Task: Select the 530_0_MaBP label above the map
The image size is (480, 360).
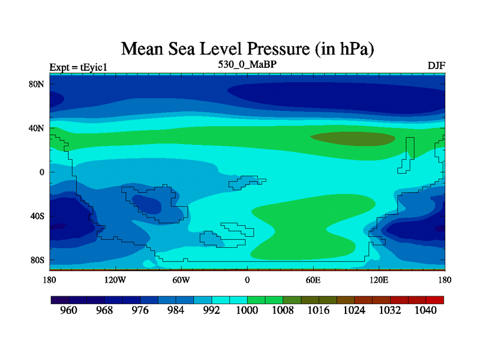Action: coord(247,63)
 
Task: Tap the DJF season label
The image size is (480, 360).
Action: coord(436,65)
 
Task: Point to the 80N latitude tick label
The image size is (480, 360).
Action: coord(37,85)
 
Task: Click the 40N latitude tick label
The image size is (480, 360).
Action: coord(37,128)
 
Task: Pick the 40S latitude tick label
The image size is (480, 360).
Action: coord(37,216)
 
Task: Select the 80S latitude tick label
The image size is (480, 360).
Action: coord(37,260)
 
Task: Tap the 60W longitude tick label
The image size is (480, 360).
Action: coord(181,280)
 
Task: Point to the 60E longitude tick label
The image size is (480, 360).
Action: coord(313,280)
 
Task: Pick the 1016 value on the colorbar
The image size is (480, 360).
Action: coord(319,311)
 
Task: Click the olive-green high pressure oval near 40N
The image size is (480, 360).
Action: coord(352,138)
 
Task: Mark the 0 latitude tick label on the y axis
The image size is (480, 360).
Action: coord(42,172)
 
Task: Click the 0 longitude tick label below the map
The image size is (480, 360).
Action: coord(247,280)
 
